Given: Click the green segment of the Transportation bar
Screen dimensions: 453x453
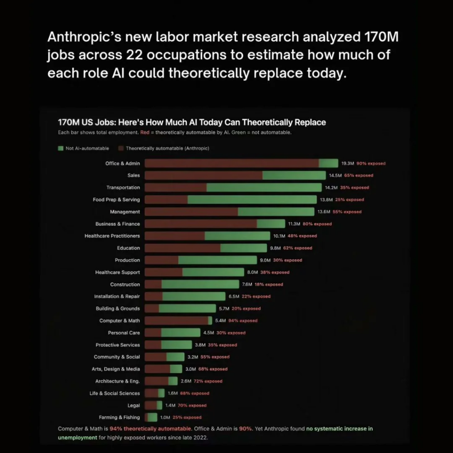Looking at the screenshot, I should [x=264, y=188].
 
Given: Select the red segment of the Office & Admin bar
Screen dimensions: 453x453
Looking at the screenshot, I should [x=231, y=163].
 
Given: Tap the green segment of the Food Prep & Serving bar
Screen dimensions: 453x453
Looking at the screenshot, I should [x=252, y=200].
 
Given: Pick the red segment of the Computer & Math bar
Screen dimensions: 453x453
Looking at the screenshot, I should [x=176, y=320].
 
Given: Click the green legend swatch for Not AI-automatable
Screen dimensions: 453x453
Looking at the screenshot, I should [x=61, y=148].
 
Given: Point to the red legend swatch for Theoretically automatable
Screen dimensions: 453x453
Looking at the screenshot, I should [x=120, y=148].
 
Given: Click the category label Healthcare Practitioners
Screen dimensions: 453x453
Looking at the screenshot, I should [x=112, y=236].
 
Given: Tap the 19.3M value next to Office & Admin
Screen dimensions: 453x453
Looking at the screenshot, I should [x=347, y=164].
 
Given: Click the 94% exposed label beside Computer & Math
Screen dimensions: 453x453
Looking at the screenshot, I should [x=243, y=321].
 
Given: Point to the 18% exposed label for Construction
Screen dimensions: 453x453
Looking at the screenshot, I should [x=269, y=284].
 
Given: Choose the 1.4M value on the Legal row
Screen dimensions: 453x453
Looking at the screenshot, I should [x=170, y=405].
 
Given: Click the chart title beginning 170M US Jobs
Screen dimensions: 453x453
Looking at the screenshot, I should [x=192, y=122].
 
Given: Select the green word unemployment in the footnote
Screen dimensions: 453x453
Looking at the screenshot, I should [x=77, y=438].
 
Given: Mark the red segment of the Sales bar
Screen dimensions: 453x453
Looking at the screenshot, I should [x=203, y=175].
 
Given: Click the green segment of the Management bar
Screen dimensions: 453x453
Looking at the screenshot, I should [x=276, y=211].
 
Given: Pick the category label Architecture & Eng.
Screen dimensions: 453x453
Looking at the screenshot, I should [x=117, y=381].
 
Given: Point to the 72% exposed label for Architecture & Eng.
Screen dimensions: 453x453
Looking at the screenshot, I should [x=208, y=381].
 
